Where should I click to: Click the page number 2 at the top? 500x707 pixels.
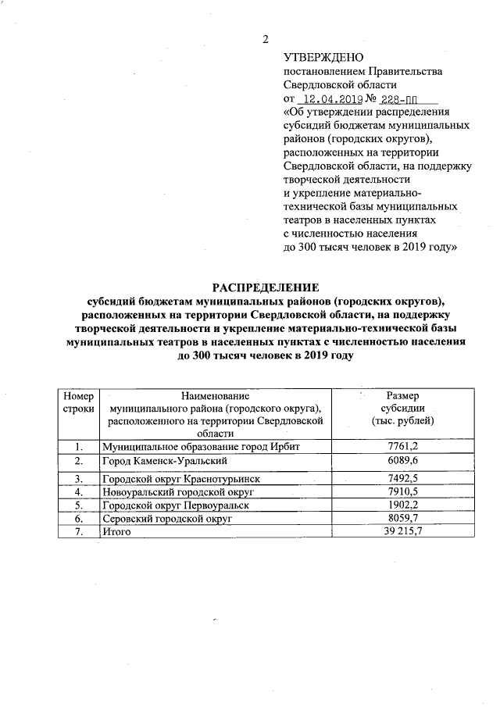click(265, 40)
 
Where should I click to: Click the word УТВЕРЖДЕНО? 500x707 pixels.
click(323, 57)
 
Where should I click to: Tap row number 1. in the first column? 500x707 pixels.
click(78, 446)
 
